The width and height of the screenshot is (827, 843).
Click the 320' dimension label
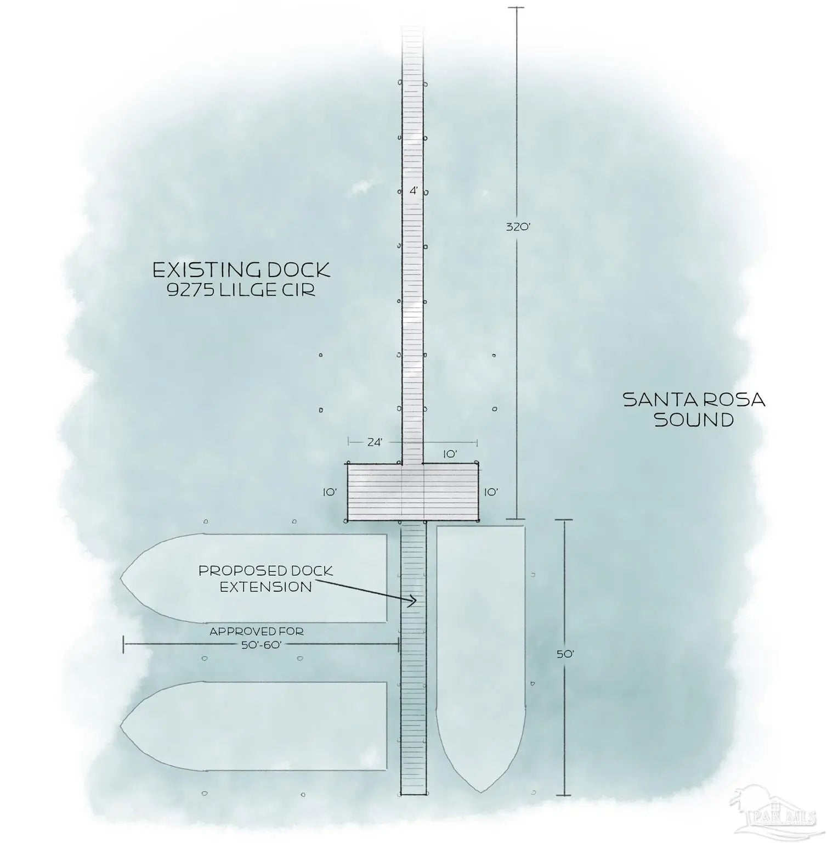pos(518,226)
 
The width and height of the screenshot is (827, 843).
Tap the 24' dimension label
pos(375,442)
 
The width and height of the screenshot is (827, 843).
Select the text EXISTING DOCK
pos(241,270)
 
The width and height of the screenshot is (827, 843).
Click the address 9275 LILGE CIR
pos(242,290)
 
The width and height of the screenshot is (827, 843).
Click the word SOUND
pos(694,420)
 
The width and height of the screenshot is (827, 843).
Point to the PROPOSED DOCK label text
pos(265,571)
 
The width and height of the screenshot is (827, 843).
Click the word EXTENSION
pos(266,587)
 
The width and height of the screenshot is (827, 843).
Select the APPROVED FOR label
pos(257,632)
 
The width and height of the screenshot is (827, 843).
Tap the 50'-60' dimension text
pos(262,645)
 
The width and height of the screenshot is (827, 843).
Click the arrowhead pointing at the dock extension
pos(412,602)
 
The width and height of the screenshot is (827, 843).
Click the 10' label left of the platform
pos(330,492)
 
